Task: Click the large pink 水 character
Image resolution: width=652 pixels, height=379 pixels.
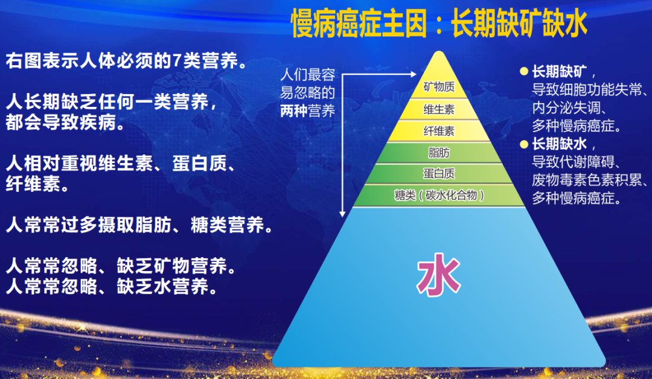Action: point(439,277)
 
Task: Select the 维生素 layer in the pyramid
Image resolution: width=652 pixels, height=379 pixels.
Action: point(439,110)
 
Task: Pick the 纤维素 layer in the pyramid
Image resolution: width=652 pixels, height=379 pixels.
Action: point(439,130)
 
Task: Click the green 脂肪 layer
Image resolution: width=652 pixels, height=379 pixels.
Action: point(439,152)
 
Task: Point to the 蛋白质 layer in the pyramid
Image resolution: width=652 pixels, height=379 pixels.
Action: point(439,174)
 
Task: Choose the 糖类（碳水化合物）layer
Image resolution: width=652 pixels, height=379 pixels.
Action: point(439,195)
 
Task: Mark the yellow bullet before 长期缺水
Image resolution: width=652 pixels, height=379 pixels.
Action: point(523,144)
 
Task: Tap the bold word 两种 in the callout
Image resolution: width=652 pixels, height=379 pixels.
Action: point(294,110)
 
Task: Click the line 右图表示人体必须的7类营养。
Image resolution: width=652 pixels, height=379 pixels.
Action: point(127,62)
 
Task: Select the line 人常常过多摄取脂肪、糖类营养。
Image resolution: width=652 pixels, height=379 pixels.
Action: point(139,226)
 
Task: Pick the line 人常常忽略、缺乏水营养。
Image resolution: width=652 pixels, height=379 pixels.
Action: point(112,286)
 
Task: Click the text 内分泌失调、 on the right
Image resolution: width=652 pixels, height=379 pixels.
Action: point(568,108)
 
